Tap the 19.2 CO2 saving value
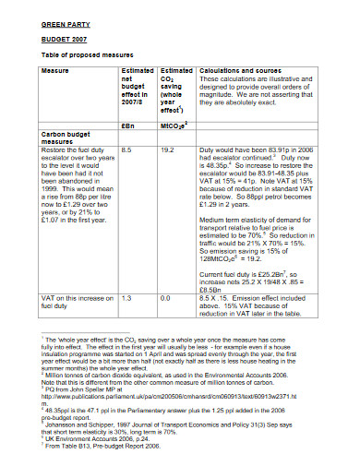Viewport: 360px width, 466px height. coord(168,148)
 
